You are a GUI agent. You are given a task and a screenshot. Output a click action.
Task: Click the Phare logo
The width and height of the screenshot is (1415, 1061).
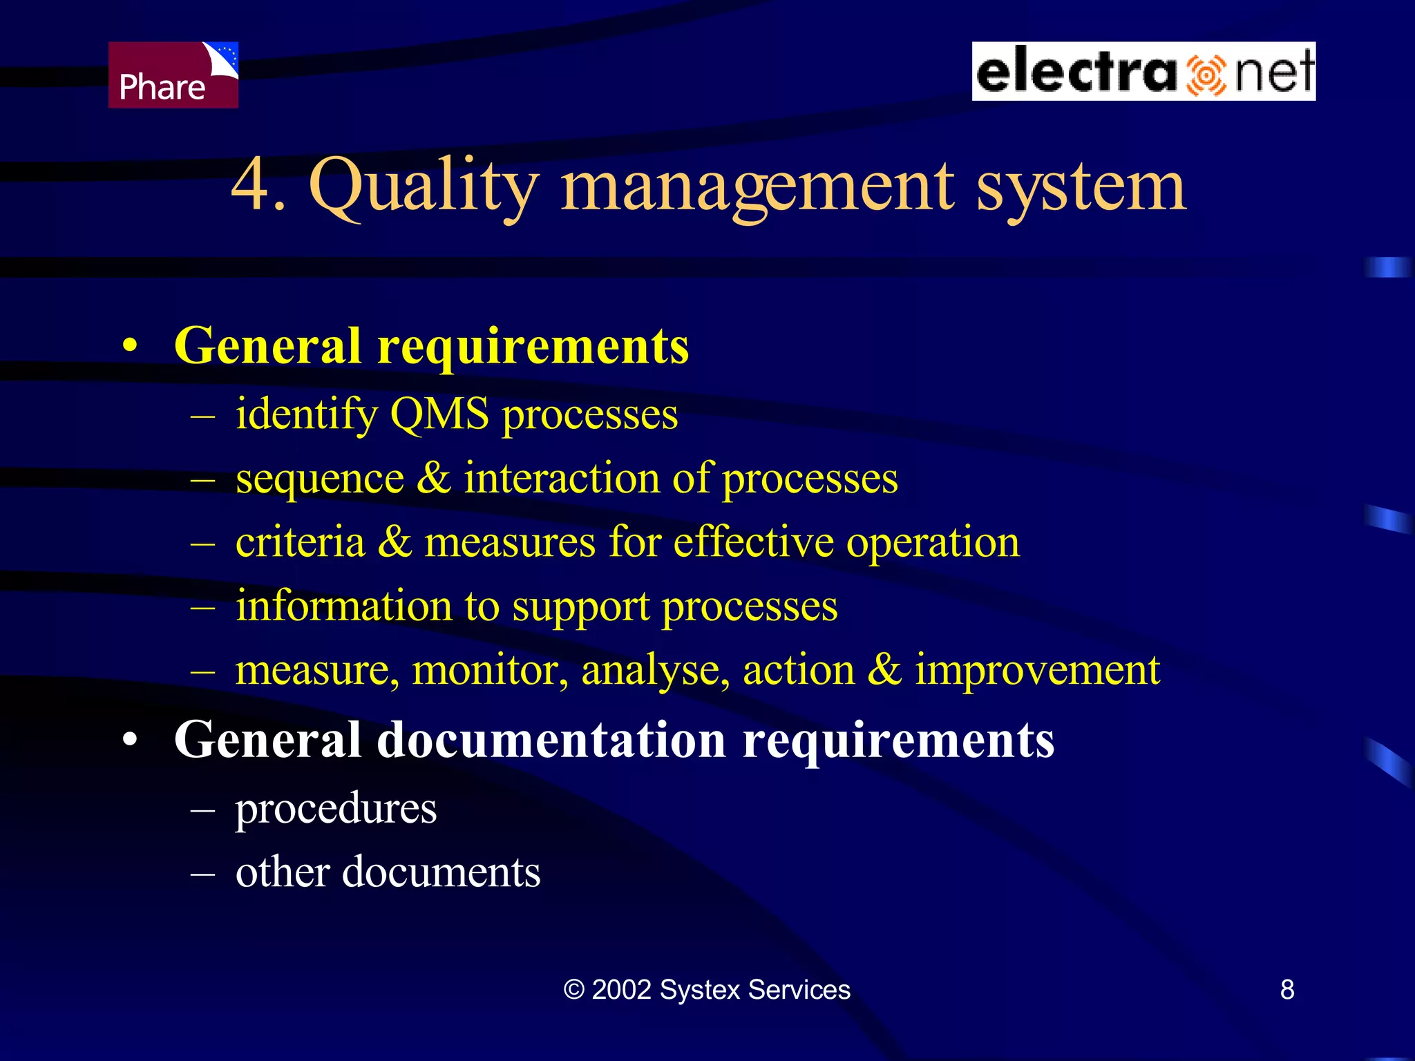173,75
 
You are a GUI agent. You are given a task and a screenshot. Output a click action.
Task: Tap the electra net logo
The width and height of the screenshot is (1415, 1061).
1143,71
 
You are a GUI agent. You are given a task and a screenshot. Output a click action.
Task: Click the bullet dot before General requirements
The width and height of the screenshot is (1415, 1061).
130,347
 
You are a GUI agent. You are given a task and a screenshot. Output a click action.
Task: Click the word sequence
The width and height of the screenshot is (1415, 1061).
319,479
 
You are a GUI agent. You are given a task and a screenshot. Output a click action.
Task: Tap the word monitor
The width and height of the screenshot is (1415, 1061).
490,670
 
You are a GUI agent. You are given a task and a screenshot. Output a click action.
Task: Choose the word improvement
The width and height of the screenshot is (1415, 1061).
1037,670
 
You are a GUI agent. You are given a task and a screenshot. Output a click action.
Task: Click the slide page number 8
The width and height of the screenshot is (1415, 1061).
1287,990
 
